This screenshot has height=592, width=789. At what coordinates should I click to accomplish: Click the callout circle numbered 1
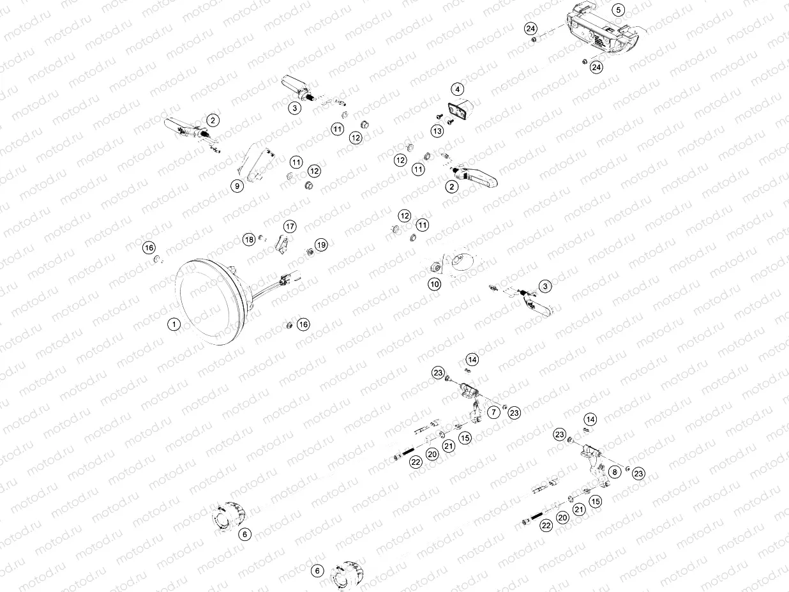click(174, 324)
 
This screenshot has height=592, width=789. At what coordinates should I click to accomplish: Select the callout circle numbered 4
click(457, 89)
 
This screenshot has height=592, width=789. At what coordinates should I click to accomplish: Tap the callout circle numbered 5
click(619, 10)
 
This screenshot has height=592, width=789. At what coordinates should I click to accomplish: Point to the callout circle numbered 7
click(493, 413)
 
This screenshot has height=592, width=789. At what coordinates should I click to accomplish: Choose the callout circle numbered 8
click(615, 472)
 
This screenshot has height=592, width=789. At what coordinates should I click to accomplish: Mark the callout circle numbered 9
click(237, 186)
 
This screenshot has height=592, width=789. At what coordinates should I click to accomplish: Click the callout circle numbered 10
click(435, 284)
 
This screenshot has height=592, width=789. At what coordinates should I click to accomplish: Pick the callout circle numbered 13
click(437, 131)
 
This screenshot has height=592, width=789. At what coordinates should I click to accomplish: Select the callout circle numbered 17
click(290, 227)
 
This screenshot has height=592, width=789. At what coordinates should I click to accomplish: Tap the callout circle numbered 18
click(249, 239)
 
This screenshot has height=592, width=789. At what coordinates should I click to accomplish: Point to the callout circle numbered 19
click(321, 245)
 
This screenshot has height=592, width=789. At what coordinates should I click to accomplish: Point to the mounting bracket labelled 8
click(593, 466)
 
